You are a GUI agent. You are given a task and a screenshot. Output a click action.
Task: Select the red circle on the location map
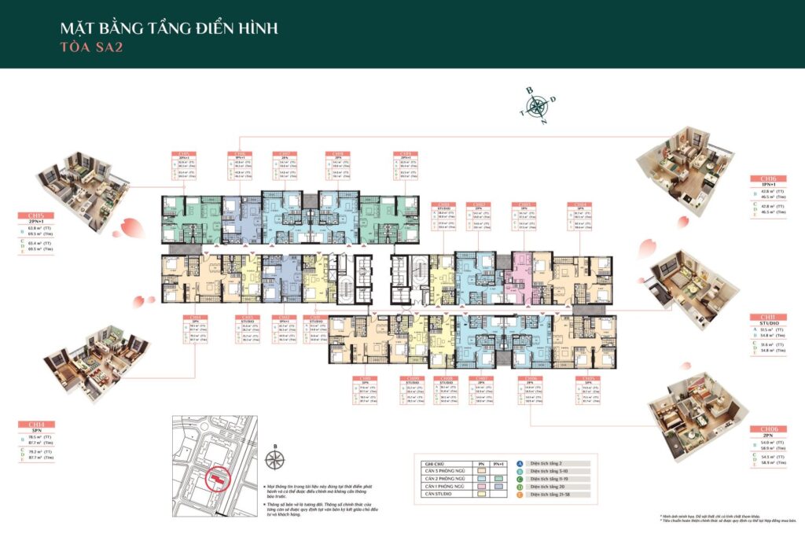coord(215,476)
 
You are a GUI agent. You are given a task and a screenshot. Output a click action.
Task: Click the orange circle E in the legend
coord(520,495)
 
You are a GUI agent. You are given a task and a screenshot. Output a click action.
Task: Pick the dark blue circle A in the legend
coord(520,464)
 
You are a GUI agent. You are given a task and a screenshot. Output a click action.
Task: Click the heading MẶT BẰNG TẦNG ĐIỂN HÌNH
coord(168,28)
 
